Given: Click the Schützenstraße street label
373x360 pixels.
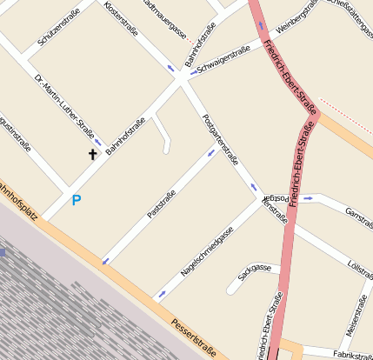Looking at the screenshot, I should coord(59,27).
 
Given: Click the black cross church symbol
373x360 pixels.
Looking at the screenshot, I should coord(93,155).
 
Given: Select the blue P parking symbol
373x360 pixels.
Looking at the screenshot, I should coord(77,200).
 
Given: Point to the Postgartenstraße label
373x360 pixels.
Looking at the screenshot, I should coord(219,139).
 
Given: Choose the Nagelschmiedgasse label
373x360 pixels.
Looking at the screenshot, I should coord(207,250).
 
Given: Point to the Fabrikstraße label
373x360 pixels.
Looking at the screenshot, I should coord(351,355).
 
